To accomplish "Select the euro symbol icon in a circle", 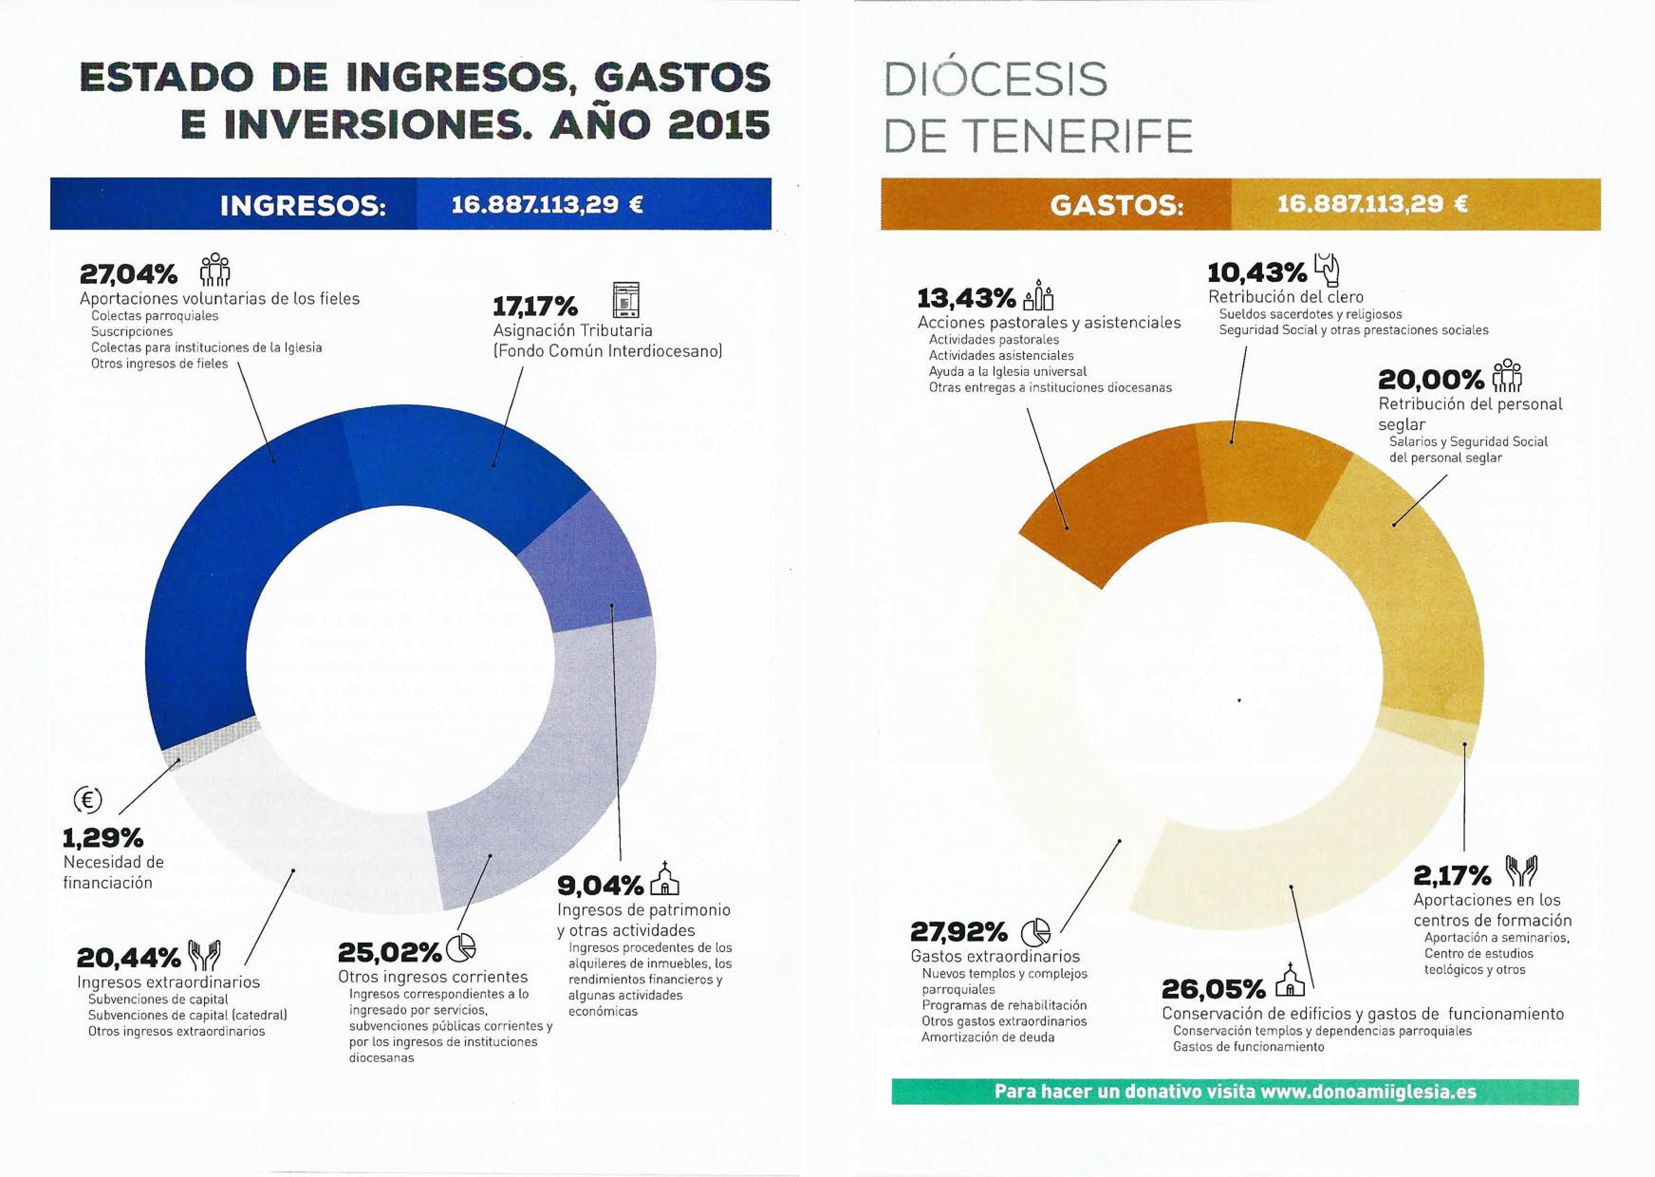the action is point(88,800).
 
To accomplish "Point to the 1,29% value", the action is point(103,839).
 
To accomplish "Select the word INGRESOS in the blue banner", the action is point(303,206).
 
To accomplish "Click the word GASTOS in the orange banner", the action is point(1116,206).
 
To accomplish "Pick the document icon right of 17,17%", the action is point(626,299).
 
